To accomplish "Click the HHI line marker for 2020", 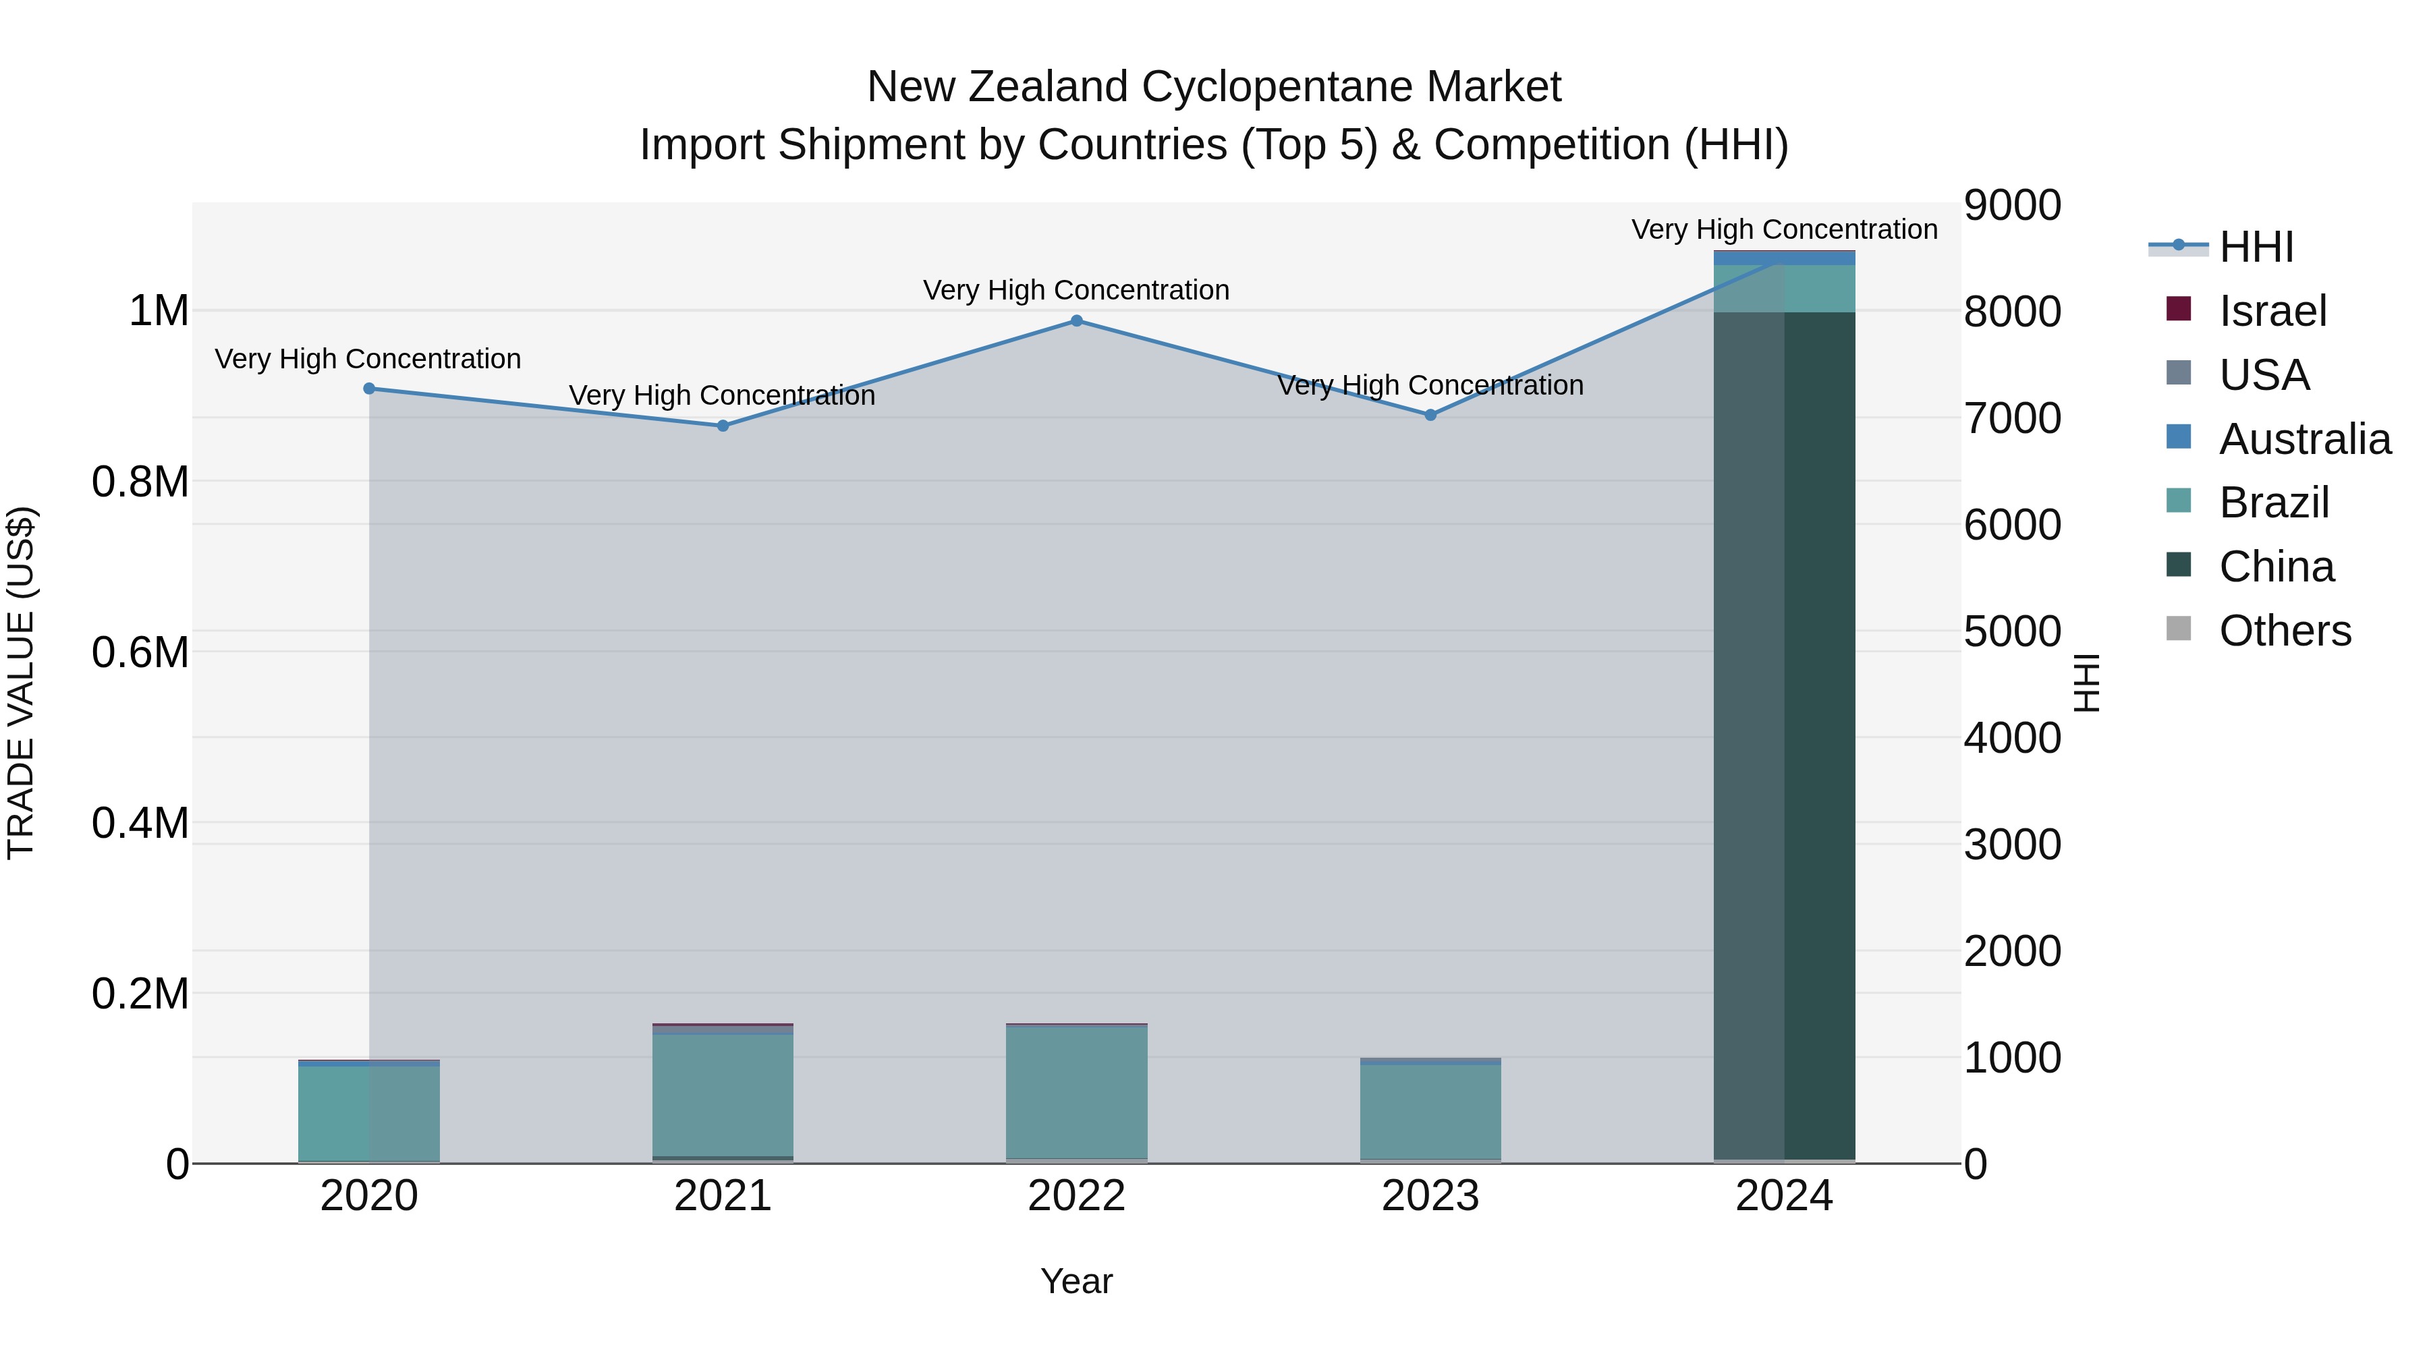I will [x=368, y=389].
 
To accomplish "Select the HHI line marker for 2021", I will [x=722, y=426].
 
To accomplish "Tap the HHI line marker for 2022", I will [x=1077, y=322].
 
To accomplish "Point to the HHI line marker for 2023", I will [x=1430, y=415].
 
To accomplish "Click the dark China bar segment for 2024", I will [x=1784, y=735].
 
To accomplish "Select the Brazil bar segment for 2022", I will [x=1077, y=1091].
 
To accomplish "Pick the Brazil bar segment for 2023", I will [x=1430, y=1112].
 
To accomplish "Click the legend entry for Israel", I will [x=2272, y=311].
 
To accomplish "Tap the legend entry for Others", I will [x=2284, y=631].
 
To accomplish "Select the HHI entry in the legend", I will [x=2256, y=247].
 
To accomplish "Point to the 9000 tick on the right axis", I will [x=2012, y=206].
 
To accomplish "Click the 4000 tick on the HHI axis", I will [x=2012, y=737].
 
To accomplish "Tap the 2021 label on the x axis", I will [x=722, y=1196].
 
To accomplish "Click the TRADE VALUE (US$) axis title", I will [x=21, y=683].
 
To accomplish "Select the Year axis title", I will [x=1076, y=1281].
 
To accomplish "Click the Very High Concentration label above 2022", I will [x=1076, y=290].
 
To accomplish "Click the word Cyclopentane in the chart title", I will [x=1276, y=87].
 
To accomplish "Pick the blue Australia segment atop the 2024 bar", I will [x=1784, y=258].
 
